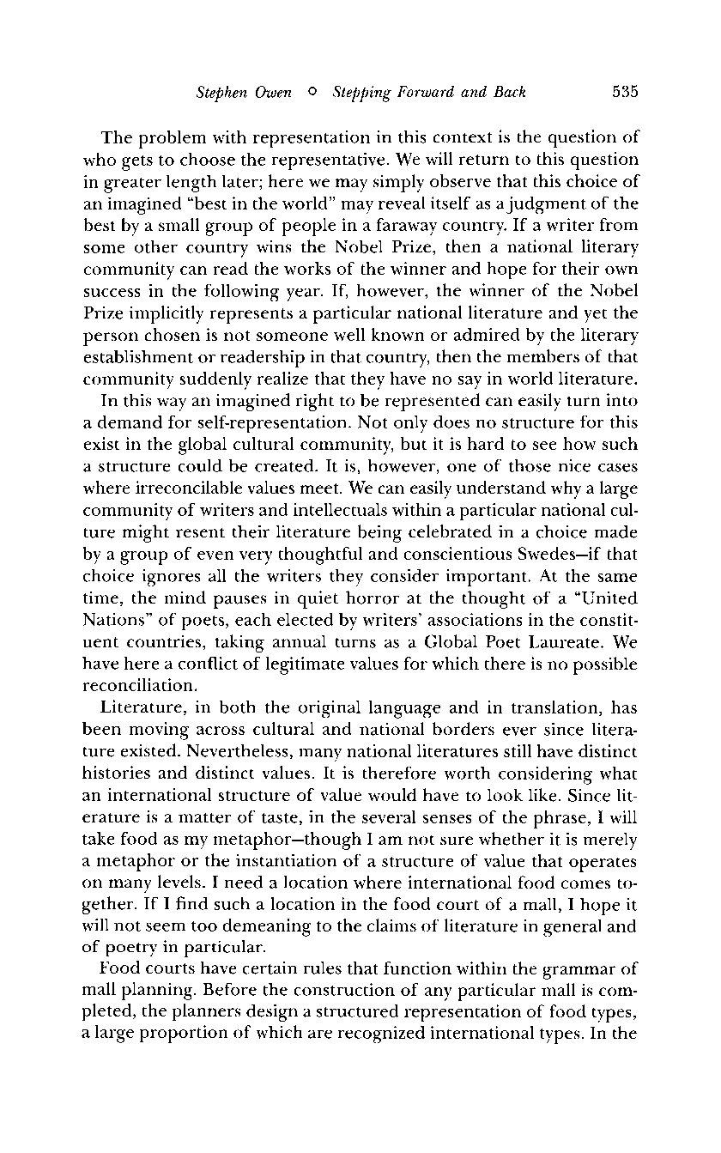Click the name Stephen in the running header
pyautogui.click(x=219, y=93)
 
